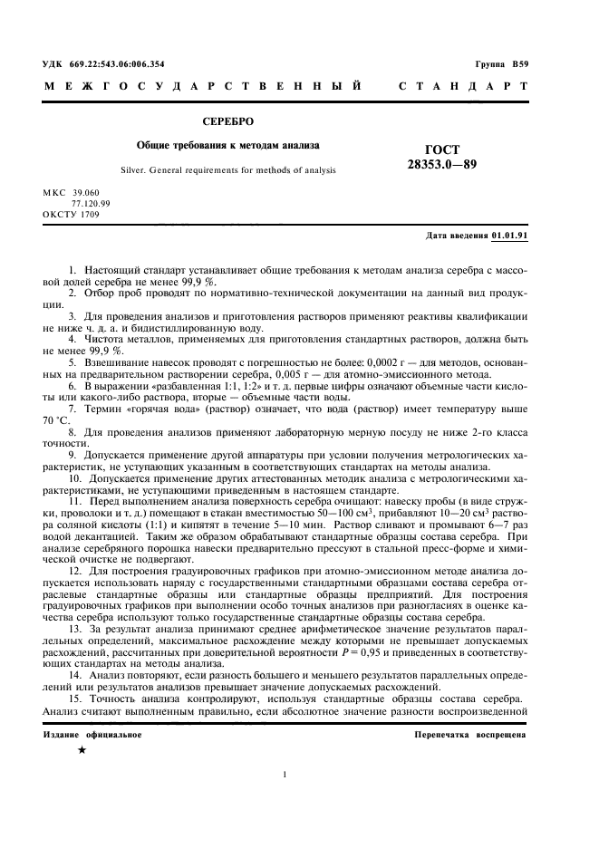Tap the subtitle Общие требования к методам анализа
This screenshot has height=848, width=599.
[x=227, y=144]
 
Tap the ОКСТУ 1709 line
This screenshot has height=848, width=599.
[x=71, y=214]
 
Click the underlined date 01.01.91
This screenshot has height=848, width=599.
[x=510, y=236]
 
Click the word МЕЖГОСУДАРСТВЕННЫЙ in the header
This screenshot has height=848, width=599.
[x=203, y=87]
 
